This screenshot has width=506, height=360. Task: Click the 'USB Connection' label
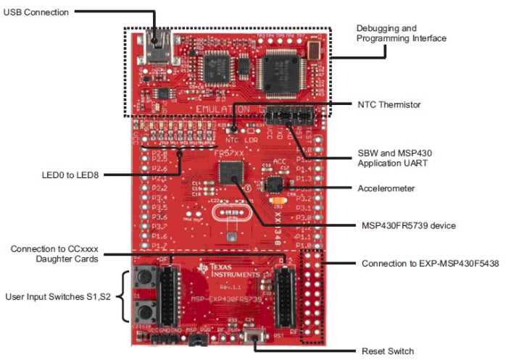point(36,12)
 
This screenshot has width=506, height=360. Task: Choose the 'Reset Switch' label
point(387,351)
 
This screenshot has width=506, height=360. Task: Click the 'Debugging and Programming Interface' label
point(401,33)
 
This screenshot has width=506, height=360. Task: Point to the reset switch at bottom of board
point(255,336)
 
